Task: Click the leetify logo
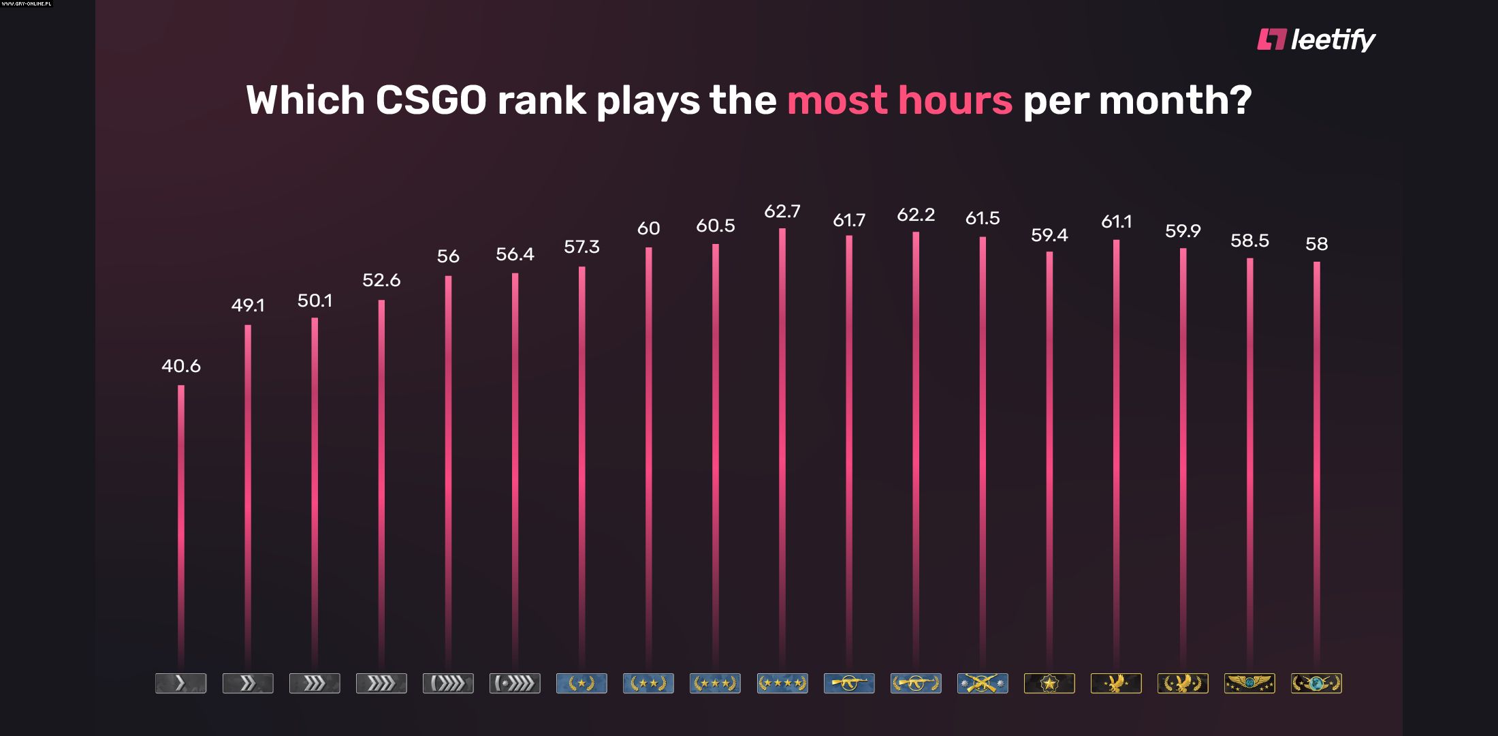point(1316,40)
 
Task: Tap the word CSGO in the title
point(430,100)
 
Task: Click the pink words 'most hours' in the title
point(899,100)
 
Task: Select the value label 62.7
point(782,211)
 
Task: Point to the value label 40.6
point(181,366)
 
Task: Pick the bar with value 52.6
point(381,477)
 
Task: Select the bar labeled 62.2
point(916,443)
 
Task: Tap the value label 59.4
point(1049,235)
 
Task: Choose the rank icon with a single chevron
point(180,683)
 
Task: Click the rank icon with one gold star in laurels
point(581,683)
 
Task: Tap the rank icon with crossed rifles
point(982,683)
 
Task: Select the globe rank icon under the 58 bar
point(1316,683)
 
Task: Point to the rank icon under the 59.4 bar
point(1049,683)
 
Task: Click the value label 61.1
point(1116,221)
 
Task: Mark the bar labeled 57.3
point(582,463)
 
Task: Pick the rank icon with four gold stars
point(782,683)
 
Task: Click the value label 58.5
point(1249,241)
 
